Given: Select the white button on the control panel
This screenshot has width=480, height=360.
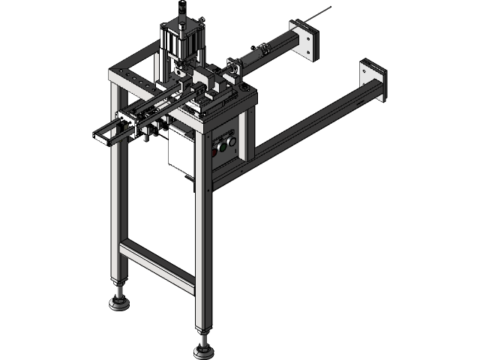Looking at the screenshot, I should (232, 141).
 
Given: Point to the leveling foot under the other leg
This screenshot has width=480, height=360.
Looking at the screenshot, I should (118, 302).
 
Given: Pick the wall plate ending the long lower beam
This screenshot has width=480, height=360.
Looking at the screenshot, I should (372, 81).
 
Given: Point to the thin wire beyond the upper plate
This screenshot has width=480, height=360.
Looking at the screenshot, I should (322, 13).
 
